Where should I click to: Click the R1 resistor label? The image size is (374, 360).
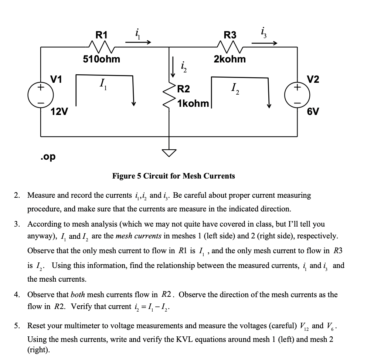click(x=102, y=35)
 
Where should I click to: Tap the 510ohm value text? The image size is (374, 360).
click(x=101, y=59)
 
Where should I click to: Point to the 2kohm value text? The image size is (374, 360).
click(x=229, y=59)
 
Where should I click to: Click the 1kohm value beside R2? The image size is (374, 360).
click(x=193, y=103)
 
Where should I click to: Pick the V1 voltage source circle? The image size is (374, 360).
click(x=41, y=94)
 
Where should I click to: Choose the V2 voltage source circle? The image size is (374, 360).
click(x=297, y=94)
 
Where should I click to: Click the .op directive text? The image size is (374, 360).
click(x=48, y=156)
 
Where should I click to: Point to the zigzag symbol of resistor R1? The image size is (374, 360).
click(x=102, y=47)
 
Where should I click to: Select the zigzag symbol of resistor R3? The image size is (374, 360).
click(x=230, y=47)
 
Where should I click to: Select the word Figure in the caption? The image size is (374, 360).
click(x=123, y=176)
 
